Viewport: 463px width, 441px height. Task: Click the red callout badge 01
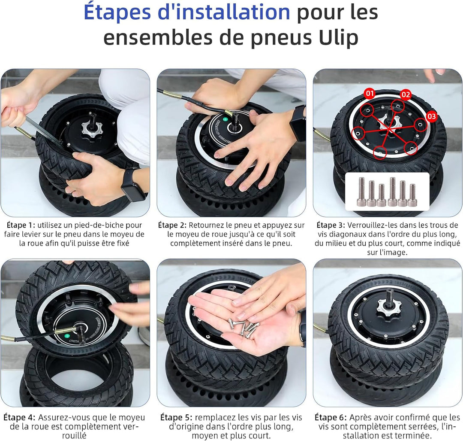pos(370,94)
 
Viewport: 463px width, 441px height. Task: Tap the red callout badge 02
pos(406,94)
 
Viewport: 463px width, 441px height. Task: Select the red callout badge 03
pos(431,116)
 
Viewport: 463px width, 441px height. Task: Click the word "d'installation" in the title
pos(224,12)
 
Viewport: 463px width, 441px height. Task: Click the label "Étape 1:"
pos(21,225)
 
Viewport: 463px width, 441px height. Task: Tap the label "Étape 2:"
pos(172,225)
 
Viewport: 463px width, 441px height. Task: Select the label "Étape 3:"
pos(331,225)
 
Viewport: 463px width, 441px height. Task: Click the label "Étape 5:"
pos(176,417)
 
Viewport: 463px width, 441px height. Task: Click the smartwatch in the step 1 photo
pos(133,183)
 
